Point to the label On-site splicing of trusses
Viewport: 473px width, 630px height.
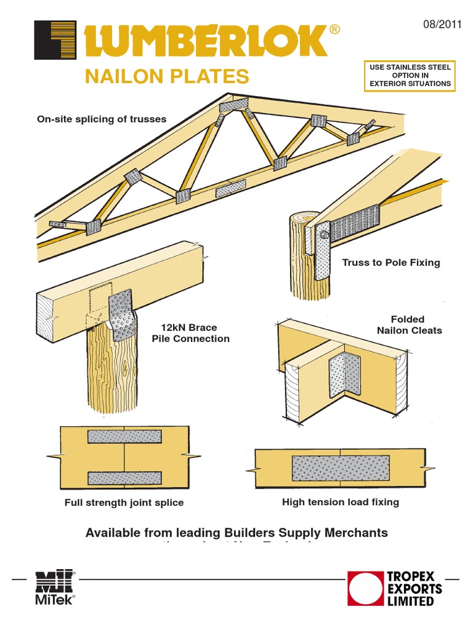(x=102, y=119)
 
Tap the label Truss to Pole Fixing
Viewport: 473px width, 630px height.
(x=391, y=263)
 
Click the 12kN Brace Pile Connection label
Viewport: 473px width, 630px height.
(x=190, y=333)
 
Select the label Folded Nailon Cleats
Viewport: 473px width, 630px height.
(x=409, y=325)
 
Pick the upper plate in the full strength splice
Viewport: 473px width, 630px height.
(x=124, y=437)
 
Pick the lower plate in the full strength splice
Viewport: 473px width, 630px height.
(x=124, y=477)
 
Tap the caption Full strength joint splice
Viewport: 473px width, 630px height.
(x=124, y=503)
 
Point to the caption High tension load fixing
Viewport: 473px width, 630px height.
(x=340, y=502)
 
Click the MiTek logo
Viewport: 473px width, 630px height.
(x=55, y=588)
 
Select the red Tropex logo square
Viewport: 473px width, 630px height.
(x=365, y=589)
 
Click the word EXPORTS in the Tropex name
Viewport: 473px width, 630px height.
(x=414, y=589)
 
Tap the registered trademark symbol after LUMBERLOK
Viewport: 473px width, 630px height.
(x=334, y=29)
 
